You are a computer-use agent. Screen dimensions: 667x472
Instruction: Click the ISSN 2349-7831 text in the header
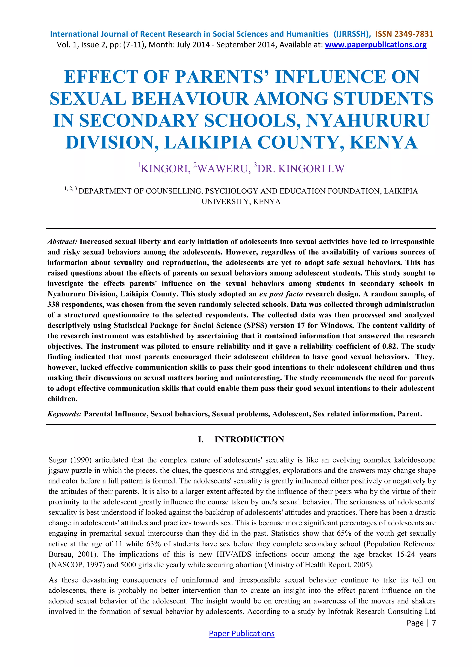click(x=404, y=34)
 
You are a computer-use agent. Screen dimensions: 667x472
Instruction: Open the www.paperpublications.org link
click(x=375, y=45)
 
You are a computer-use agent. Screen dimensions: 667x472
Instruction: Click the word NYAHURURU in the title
click(x=368, y=120)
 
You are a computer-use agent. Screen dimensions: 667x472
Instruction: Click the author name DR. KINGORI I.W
click(x=301, y=169)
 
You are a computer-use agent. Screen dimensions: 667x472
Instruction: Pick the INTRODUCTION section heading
click(x=249, y=439)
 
